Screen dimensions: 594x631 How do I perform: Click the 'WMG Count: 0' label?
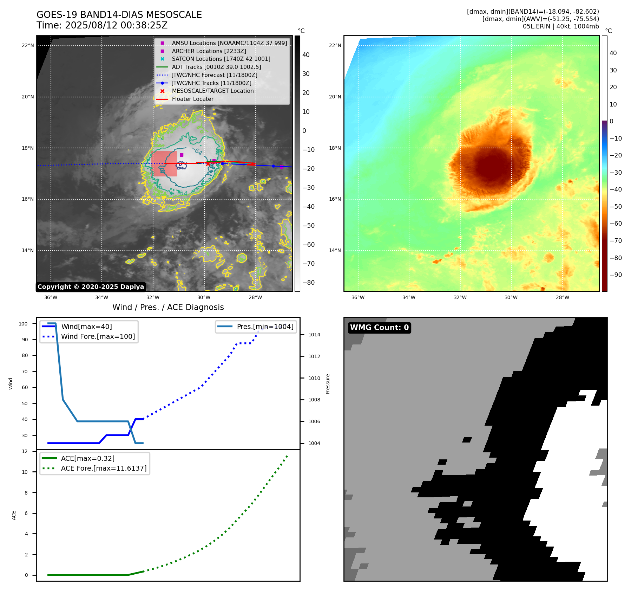tap(379, 328)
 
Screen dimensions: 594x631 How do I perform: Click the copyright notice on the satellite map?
tap(91, 287)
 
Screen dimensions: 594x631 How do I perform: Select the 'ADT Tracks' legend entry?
tap(216, 67)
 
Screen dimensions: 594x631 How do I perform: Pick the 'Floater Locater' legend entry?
tap(192, 99)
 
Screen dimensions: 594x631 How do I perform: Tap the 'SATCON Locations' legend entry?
tap(221, 59)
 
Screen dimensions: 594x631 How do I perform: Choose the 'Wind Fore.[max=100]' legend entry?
tap(98, 336)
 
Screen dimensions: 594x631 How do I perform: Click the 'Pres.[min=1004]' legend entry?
tap(265, 327)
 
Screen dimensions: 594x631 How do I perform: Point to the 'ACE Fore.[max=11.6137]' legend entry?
tap(104, 468)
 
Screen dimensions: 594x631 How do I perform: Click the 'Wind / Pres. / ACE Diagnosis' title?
tap(168, 307)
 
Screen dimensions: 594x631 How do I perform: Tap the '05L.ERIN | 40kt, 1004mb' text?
tap(561, 26)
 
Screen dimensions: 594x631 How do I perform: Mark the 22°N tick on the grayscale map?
tap(28, 45)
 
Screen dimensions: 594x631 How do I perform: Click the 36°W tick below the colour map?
tap(358, 297)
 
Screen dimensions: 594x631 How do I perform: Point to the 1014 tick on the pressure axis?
tap(314, 335)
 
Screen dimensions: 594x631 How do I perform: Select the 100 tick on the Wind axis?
tap(23, 324)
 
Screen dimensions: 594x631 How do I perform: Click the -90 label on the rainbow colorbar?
tap(616, 275)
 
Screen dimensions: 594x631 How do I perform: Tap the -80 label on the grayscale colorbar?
tap(309, 283)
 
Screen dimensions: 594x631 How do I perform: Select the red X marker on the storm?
tap(208, 164)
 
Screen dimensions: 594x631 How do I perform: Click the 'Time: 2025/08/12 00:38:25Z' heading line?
tap(102, 25)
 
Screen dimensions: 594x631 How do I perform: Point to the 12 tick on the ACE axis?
tap(25, 451)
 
